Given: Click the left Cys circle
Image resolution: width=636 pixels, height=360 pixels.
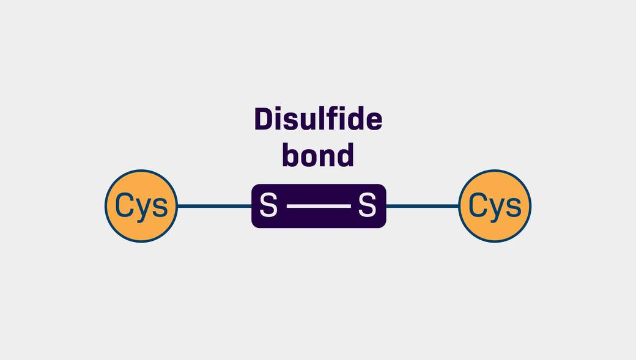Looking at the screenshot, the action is pyautogui.click(x=141, y=206).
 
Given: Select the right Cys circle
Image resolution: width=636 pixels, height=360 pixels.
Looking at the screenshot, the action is pyautogui.click(x=495, y=206).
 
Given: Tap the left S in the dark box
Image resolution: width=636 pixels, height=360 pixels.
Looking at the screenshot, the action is pyautogui.click(x=268, y=205).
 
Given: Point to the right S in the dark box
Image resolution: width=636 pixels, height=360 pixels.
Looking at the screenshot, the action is pyautogui.click(x=367, y=205).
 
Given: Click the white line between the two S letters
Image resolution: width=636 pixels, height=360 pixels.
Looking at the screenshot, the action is pyautogui.click(x=319, y=206).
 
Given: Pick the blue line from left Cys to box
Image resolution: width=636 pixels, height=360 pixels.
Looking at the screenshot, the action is pyautogui.click(x=215, y=206).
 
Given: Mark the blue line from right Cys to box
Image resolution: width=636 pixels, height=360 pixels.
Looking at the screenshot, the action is pyautogui.click(x=422, y=206).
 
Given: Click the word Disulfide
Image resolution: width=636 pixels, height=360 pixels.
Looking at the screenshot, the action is pyautogui.click(x=319, y=119).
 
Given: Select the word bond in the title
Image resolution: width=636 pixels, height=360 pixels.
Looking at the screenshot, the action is pyautogui.click(x=318, y=155).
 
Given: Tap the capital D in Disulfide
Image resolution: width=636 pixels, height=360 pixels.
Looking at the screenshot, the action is pyautogui.click(x=264, y=119).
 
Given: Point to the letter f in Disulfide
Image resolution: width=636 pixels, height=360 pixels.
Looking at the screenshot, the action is pyautogui.click(x=333, y=119).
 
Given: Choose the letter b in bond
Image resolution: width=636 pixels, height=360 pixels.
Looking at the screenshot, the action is pyautogui.click(x=291, y=155).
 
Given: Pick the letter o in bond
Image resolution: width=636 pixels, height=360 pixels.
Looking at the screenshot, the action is pyautogui.click(x=309, y=158).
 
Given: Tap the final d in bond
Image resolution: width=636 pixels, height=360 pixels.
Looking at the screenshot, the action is pyautogui.click(x=345, y=155).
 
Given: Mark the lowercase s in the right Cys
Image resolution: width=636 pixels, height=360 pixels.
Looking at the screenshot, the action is pyautogui.click(x=514, y=208).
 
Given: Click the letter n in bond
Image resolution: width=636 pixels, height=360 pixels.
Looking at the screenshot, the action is pyautogui.click(x=327, y=158).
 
